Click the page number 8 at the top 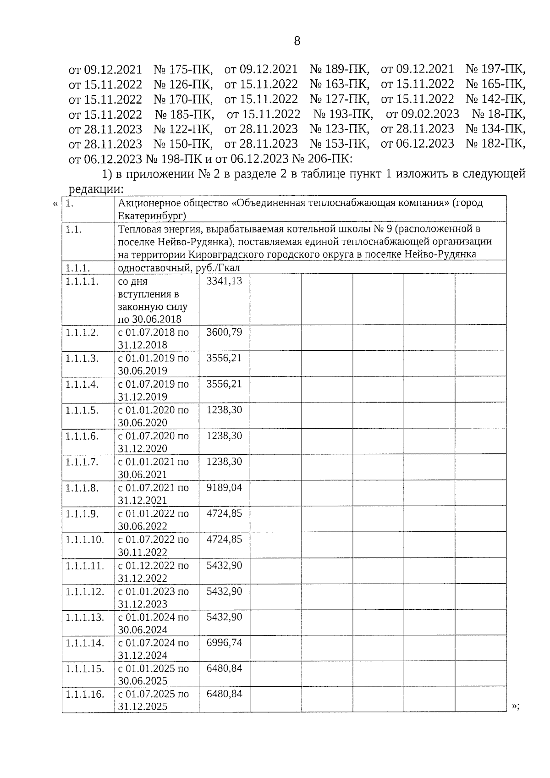tap(297, 41)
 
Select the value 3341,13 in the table tap(224, 281)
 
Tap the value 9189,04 tap(224, 487)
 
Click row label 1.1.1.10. tap(84, 540)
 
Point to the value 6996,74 tap(224, 642)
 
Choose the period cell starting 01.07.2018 tap(153, 338)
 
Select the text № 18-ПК tap(499, 114)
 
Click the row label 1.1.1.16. tap(84, 694)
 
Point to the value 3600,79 tap(224, 332)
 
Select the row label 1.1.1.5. tap(82, 410)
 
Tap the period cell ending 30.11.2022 tap(153, 546)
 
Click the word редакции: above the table tap(96, 188)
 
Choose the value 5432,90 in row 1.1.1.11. tap(224, 565)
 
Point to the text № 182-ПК tap(495, 143)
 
